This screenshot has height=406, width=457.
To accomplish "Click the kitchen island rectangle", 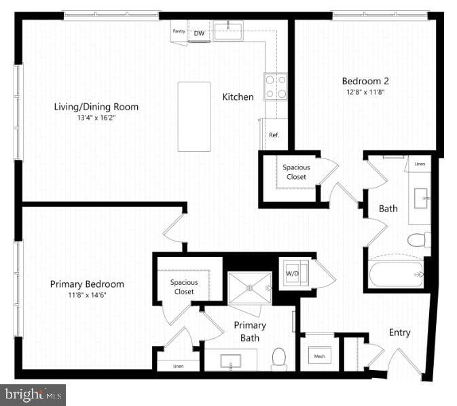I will click(x=194, y=116).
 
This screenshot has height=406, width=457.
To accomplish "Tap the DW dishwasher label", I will click(x=199, y=33).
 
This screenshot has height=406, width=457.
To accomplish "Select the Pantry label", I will click(x=179, y=31).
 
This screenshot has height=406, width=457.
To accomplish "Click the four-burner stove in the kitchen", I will click(x=275, y=87).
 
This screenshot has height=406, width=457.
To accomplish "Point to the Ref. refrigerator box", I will click(x=274, y=134).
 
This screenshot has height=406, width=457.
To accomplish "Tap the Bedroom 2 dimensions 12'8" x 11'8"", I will click(x=365, y=93).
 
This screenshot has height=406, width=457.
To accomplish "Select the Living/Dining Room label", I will click(x=96, y=107).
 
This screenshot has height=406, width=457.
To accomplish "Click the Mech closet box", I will click(x=318, y=355).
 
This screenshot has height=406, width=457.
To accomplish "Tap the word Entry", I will click(x=399, y=333).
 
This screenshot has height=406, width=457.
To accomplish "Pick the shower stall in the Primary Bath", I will click(x=249, y=288).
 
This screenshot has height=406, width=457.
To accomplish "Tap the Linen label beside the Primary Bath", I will click(x=178, y=367).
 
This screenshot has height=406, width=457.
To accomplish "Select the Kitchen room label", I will click(x=238, y=97).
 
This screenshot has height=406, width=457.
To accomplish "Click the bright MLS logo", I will click(x=33, y=394).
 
